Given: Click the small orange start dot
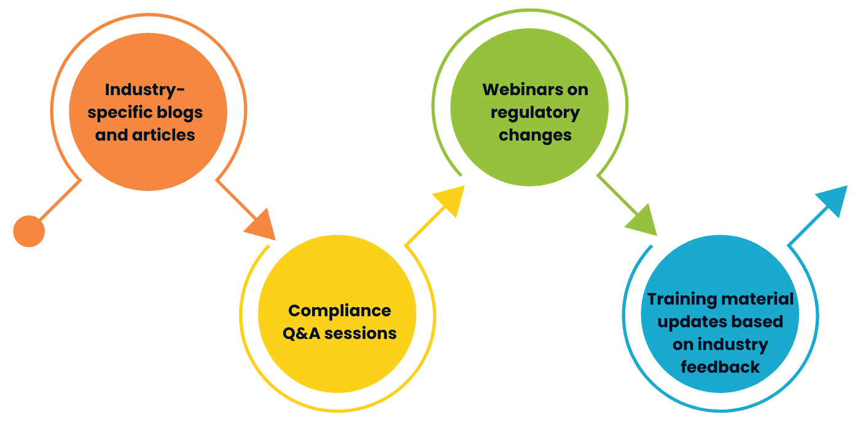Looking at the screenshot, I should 29,232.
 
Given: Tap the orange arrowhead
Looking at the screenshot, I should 262,225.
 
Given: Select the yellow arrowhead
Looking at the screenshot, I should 449,200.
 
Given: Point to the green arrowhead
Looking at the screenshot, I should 642,222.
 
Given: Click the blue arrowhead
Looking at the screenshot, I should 833,200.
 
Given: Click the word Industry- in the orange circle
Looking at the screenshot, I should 145,90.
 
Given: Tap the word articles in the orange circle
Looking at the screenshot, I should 163,135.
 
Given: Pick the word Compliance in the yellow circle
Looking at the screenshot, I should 340,311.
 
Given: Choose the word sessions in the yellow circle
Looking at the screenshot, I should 361,333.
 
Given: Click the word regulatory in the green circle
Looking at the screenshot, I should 535,113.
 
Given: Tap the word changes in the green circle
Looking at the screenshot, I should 535,135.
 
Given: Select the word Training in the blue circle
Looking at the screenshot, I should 682,299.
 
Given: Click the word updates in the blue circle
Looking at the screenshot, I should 685,322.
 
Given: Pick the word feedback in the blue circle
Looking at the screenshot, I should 720,367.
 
